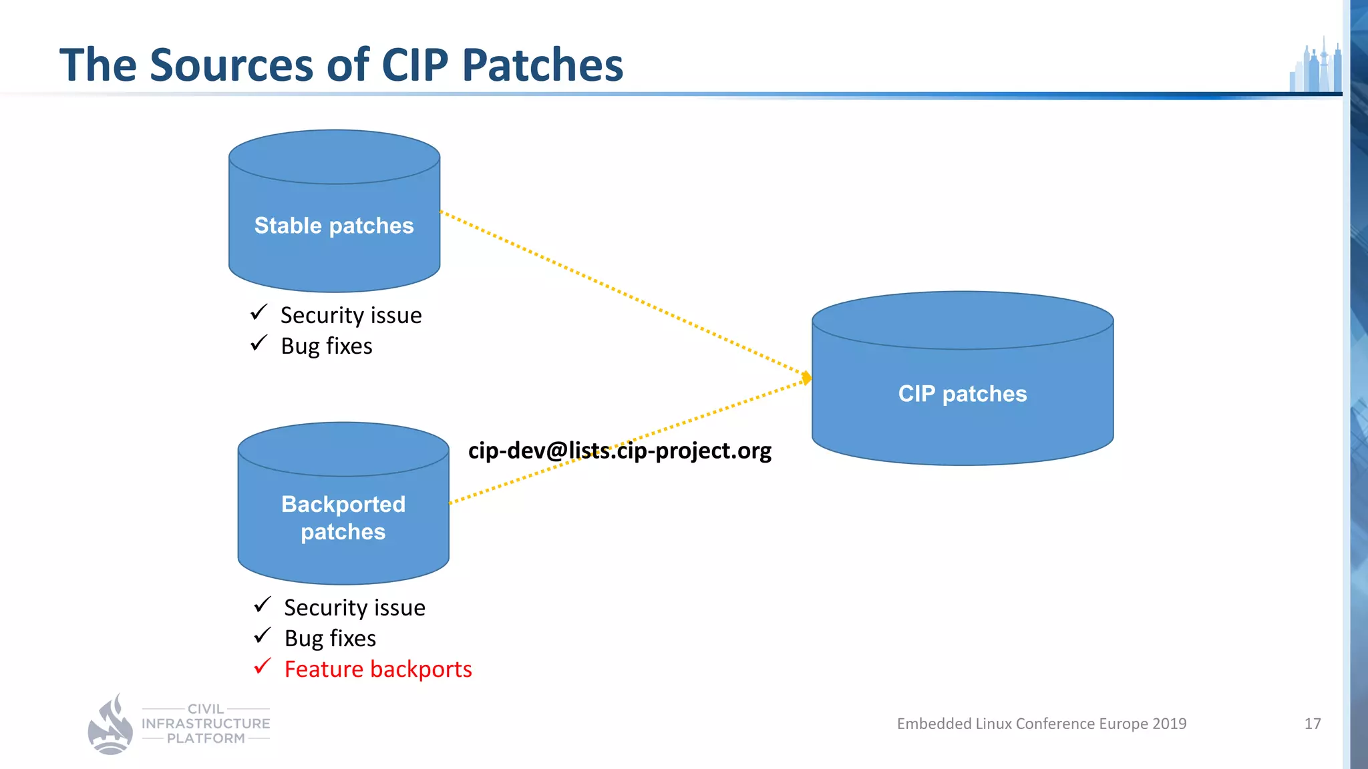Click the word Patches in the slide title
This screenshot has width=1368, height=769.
[x=542, y=65]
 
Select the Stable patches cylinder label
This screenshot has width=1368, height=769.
[x=334, y=226]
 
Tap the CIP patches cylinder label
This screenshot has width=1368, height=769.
[x=962, y=394]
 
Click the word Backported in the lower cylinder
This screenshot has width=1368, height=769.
[x=343, y=504]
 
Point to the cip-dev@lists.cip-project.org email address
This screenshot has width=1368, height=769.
[x=619, y=451]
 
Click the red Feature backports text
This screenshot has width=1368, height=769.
[x=378, y=669]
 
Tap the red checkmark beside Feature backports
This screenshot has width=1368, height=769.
[x=263, y=666]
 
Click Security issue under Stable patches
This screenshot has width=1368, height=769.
[x=351, y=315]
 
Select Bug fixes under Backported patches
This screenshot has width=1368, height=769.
[x=330, y=638]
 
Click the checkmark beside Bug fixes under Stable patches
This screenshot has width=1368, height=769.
[x=259, y=343]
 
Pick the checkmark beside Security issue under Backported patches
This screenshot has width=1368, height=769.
[x=263, y=605]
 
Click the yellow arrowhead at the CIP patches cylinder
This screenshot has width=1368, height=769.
[x=807, y=378]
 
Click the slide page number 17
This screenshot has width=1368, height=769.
[x=1312, y=724]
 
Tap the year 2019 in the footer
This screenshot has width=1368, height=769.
[x=1169, y=724]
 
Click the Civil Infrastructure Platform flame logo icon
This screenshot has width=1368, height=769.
[x=111, y=726]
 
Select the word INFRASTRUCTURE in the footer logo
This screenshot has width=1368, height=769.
[x=206, y=724]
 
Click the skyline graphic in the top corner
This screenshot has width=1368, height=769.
[x=1316, y=67]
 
